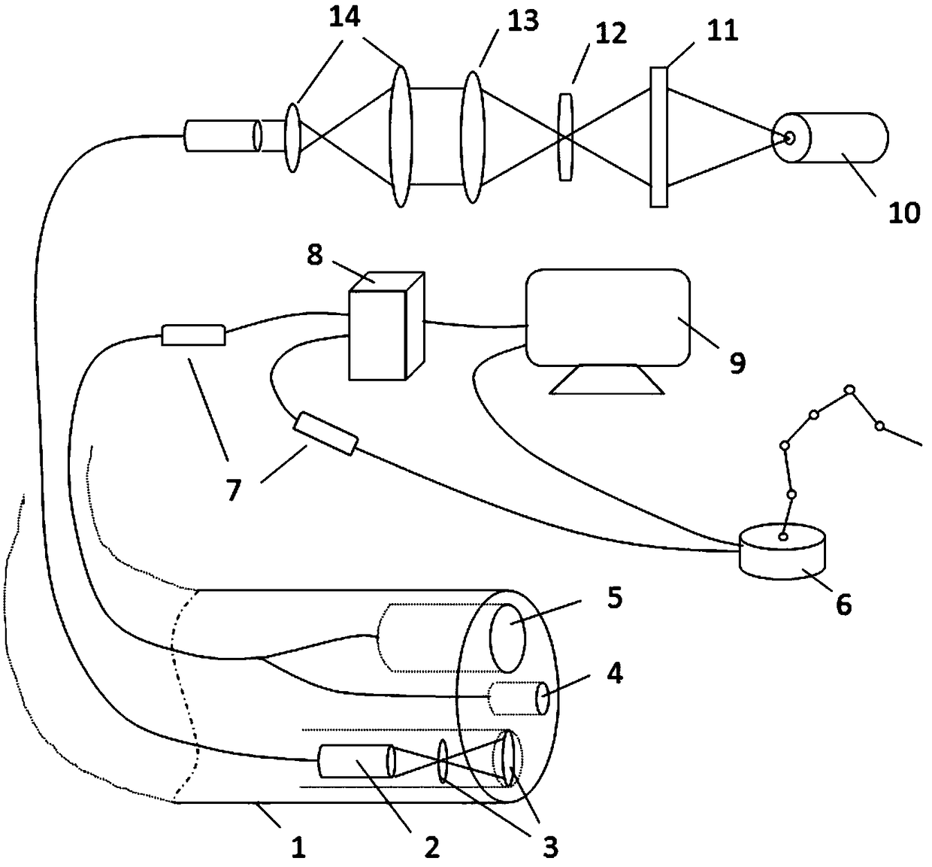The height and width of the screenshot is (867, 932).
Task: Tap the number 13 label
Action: click(522, 22)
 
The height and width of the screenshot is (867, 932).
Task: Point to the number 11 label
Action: click(722, 30)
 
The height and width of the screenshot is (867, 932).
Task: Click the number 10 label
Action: click(904, 213)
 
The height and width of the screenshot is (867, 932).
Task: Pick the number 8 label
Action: click(314, 256)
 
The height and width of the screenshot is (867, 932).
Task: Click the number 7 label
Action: click(234, 490)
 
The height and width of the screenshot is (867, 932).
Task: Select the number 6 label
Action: click(843, 604)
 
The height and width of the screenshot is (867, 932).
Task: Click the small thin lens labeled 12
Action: click(565, 136)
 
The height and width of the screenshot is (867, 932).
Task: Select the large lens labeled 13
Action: click(472, 136)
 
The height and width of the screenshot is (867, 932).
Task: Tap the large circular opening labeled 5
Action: click(508, 636)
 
